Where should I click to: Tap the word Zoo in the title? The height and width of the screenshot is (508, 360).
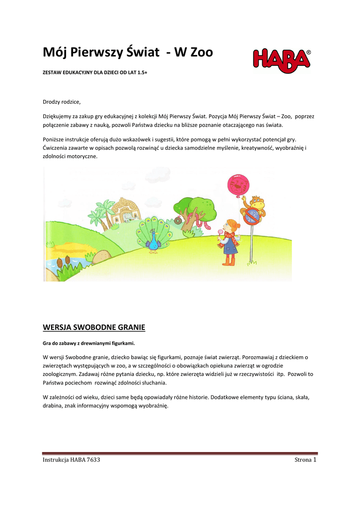coord(198,52)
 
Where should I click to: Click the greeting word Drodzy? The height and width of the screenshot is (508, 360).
coord(53,102)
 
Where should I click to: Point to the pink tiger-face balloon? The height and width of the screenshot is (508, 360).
coord(238,186)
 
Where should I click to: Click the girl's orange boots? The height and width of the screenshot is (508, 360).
coord(228,260)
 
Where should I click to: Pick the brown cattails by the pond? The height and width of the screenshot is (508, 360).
coord(63,263)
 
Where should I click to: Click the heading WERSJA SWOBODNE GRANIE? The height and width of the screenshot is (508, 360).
coord(94,327)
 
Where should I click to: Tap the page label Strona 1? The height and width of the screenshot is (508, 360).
coord(305,459)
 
